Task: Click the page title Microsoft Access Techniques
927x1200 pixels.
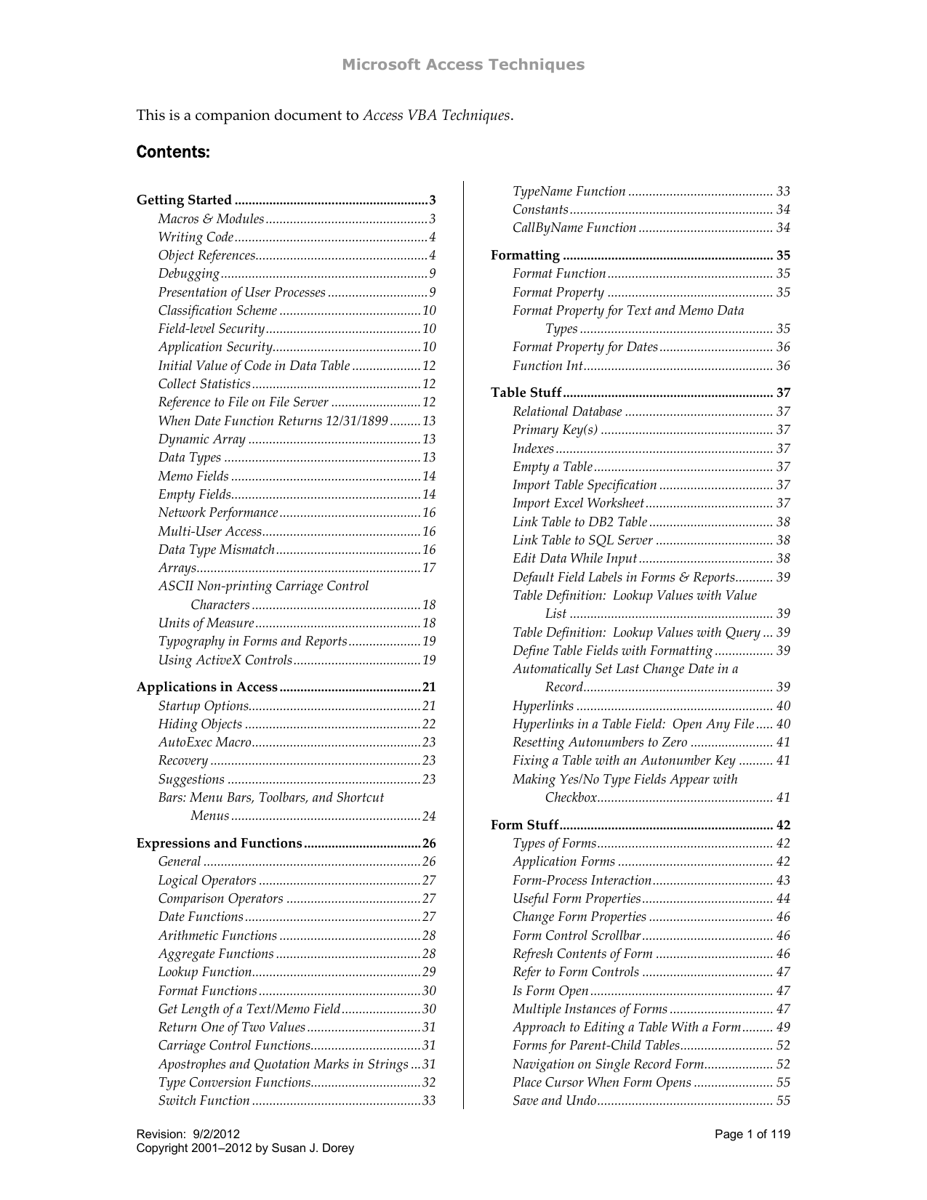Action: click(463, 65)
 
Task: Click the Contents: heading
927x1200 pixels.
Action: click(173, 153)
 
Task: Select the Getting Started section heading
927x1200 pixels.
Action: click(184, 200)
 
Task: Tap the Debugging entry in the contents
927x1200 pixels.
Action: click(189, 274)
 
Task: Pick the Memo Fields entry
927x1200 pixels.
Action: click(193, 476)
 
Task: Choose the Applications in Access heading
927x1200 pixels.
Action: click(207, 687)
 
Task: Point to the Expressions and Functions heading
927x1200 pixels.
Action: click(219, 843)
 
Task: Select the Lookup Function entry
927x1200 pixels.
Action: click(205, 972)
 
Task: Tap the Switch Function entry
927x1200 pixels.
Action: click(204, 1100)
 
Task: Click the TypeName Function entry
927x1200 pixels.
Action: click(569, 191)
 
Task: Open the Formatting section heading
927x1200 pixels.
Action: click(525, 255)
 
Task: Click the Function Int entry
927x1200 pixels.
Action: click(547, 366)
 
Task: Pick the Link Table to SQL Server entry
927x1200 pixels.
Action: click(582, 540)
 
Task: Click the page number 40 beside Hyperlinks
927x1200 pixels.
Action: click(783, 706)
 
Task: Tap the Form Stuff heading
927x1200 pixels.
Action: click(524, 825)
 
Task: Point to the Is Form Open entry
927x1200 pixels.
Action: click(550, 991)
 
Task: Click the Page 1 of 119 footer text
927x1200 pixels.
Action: click(752, 1135)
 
